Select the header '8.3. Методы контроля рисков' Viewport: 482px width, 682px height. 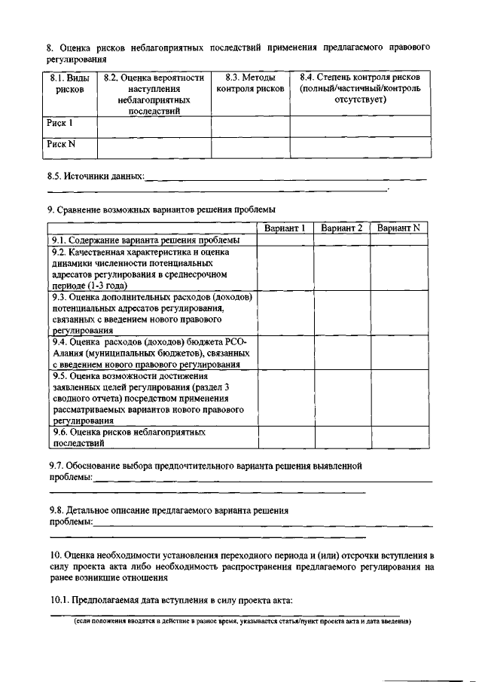[250, 84]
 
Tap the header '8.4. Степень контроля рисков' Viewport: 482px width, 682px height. [359, 89]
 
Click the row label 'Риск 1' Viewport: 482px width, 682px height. [60, 123]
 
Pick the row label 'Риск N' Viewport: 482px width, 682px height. [61, 145]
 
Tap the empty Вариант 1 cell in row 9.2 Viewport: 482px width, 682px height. [285, 269]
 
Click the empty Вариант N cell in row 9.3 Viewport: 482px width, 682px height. [398, 313]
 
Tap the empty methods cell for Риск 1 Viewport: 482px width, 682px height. [250, 126]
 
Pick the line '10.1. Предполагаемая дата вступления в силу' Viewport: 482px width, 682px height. [171, 601]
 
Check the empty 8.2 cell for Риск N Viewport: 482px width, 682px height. [154, 147]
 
